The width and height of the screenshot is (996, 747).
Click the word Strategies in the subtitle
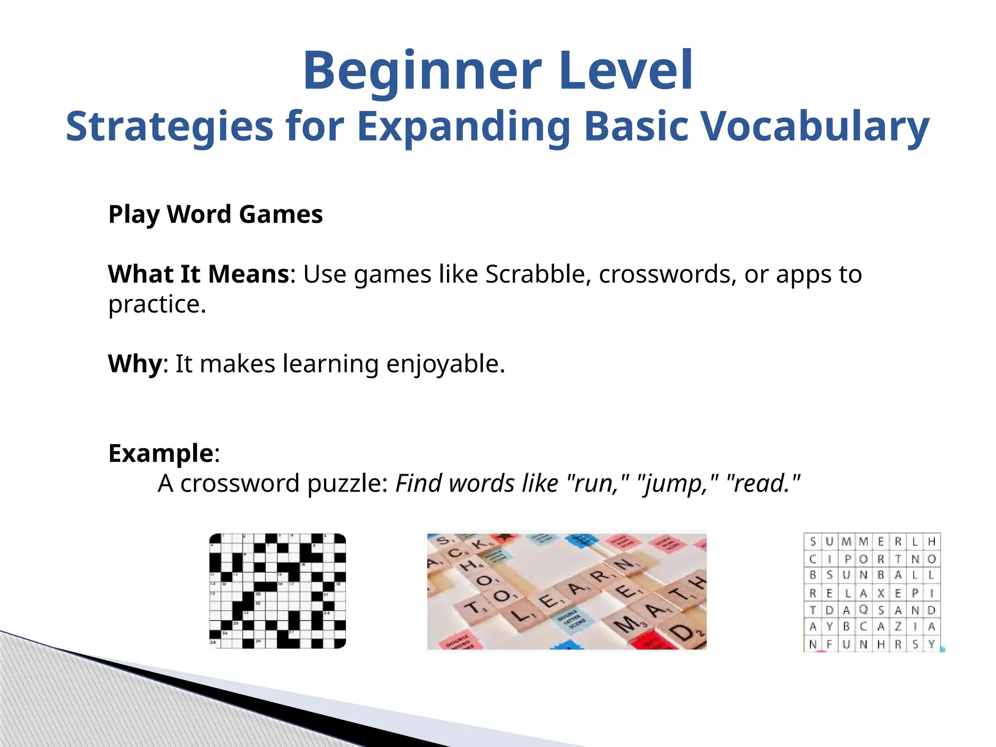pos(169,126)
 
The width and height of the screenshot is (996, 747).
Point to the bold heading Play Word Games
pos(215,214)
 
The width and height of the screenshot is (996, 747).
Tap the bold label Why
pos(135,364)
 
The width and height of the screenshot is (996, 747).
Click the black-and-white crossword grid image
pos(277,591)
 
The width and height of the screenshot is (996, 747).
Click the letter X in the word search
pos(880,593)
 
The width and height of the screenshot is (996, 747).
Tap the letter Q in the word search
pos(863,609)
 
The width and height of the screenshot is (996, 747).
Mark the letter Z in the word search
pos(897,627)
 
